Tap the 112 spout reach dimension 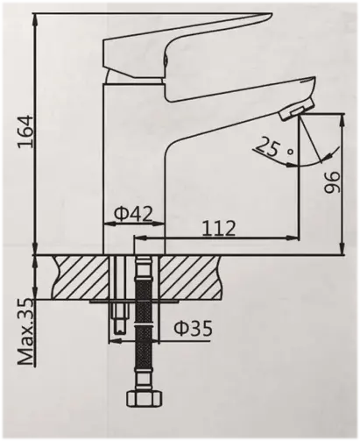tap(218, 228)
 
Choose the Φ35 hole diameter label tap(191, 330)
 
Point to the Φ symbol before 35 tap(178, 330)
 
